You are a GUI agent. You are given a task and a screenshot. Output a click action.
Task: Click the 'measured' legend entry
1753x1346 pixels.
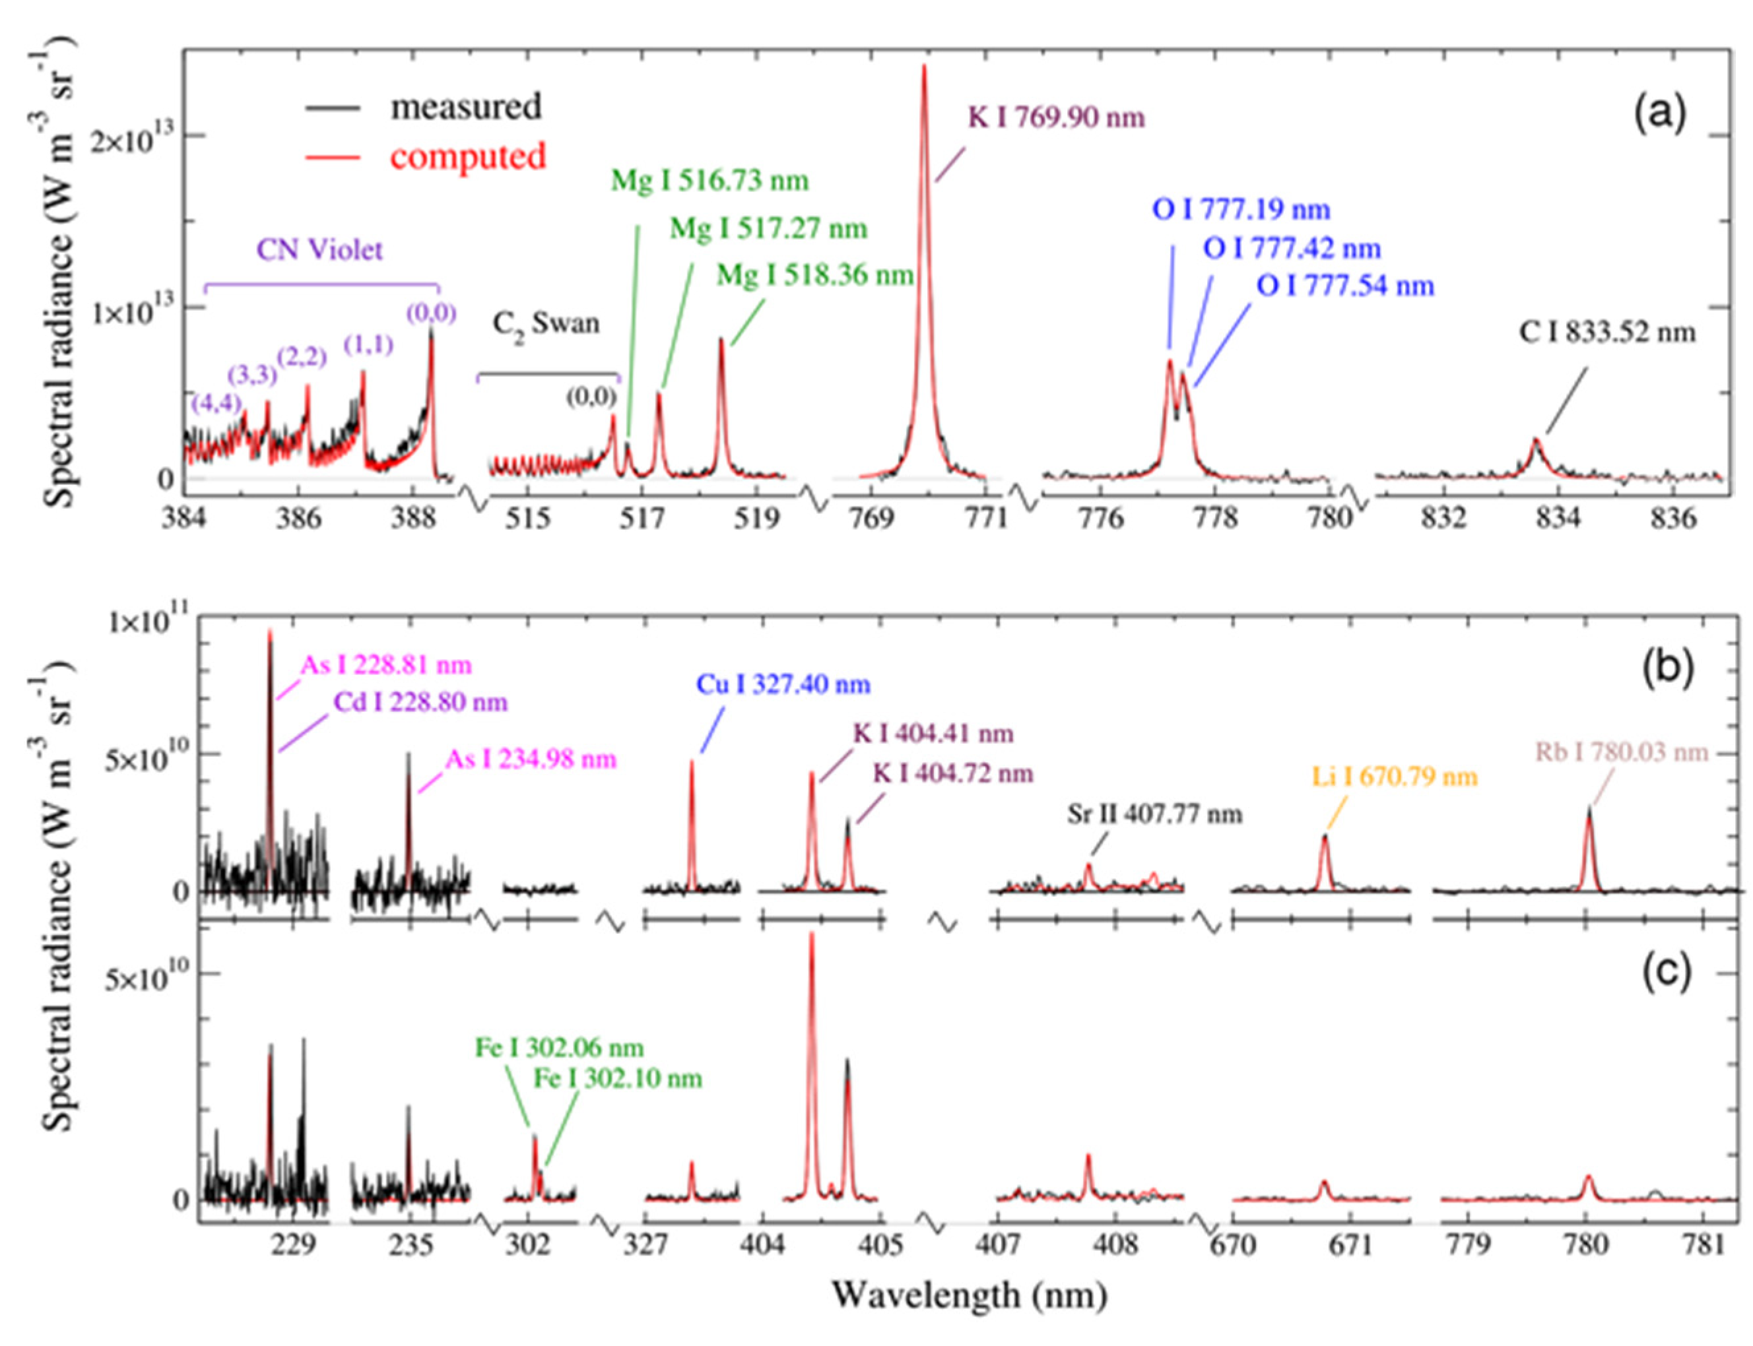coord(465,107)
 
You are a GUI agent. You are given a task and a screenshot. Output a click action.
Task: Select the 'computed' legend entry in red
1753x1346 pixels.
coord(467,156)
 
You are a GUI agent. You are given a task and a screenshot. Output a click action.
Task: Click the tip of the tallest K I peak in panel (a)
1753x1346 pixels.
coord(923,66)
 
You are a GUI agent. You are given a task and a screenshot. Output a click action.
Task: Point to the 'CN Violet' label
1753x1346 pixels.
coord(319,250)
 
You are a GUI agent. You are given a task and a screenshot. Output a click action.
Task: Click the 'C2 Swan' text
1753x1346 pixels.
coord(545,324)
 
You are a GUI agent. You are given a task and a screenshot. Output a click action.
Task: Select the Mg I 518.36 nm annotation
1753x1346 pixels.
coord(814,276)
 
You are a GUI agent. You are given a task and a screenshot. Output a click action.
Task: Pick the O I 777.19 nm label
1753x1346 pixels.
coord(1241,210)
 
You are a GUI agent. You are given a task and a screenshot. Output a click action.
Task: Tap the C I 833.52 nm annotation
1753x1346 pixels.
coord(1607,332)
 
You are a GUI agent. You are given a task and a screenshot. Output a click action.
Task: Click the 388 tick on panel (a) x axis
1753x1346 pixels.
coord(413,519)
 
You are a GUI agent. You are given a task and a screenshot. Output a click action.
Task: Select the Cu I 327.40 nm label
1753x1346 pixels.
coord(783,684)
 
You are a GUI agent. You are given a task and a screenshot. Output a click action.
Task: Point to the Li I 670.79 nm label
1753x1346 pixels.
coord(1394,777)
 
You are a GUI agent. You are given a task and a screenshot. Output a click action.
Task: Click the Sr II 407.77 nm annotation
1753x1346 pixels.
coord(1154,815)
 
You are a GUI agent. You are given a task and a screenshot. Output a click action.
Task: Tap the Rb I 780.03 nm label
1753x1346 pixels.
coord(1621,752)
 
